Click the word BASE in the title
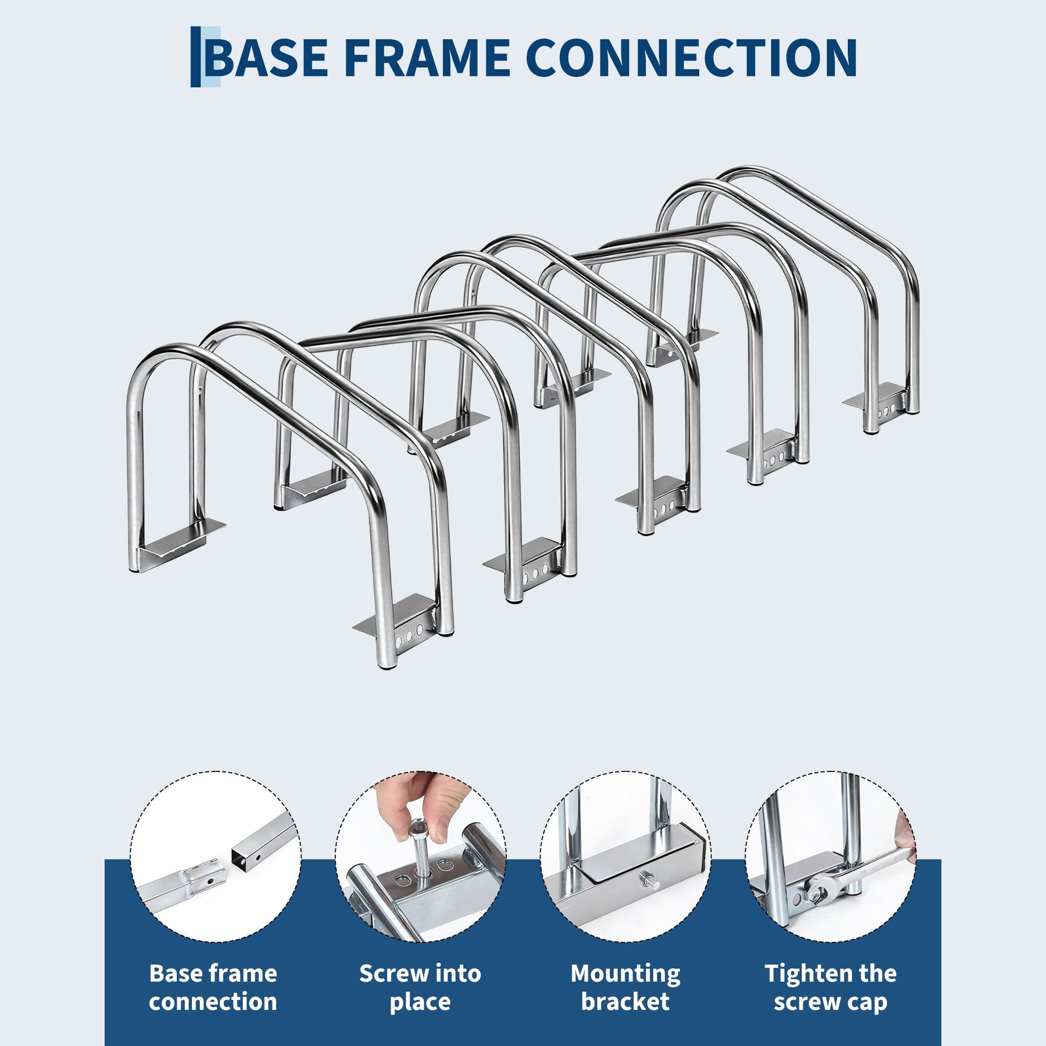[x=267, y=57]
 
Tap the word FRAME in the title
[x=427, y=57]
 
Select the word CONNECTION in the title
[x=691, y=57]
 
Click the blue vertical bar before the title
[x=196, y=57]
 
